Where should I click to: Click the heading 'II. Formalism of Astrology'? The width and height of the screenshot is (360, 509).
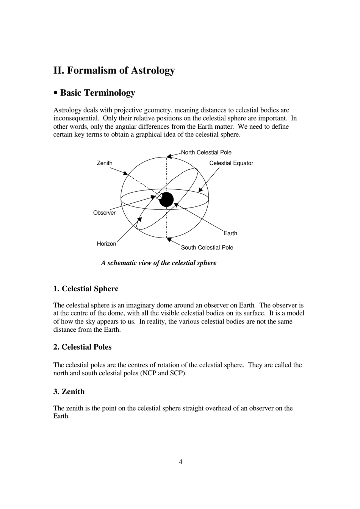coord(114,70)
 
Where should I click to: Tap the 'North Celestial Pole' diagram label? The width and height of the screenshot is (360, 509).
coord(206,152)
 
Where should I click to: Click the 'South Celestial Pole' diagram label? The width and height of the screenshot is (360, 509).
coord(207,247)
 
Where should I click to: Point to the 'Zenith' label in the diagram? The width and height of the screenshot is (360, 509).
coord(105,163)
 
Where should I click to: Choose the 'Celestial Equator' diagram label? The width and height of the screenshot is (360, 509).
coord(231,163)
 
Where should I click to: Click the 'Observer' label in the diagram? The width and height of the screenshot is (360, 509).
coord(104,213)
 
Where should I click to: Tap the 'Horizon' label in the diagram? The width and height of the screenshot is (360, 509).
coord(106,244)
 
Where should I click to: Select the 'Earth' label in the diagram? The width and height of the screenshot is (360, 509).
coord(230,233)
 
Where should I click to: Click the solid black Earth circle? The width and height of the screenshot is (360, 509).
coord(166,200)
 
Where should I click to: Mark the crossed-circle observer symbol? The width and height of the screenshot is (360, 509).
coord(159,196)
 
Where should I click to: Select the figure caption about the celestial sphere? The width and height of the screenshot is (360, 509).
coord(158,263)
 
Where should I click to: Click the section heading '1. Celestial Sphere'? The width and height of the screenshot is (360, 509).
coord(86,289)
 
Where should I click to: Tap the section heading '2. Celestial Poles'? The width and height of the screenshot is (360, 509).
coord(83,347)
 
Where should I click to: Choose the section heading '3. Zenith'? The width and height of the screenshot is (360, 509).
coord(69,392)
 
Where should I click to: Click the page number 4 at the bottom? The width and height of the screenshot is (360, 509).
coord(180,462)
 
